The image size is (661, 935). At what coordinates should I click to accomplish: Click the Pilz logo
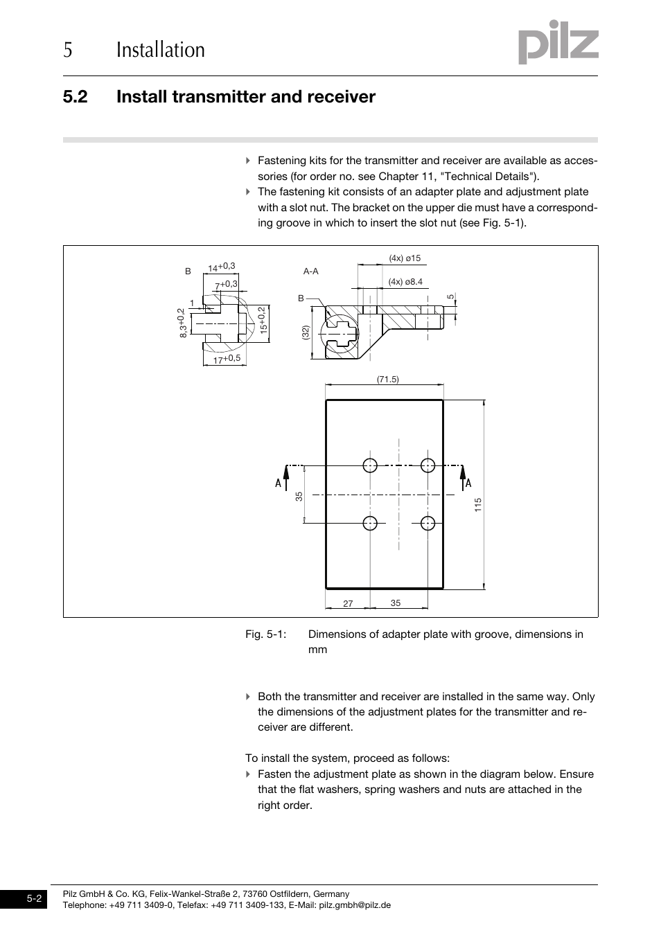(558, 43)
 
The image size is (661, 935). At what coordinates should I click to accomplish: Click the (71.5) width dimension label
(388, 380)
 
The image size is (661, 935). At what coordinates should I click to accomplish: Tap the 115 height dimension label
(478, 505)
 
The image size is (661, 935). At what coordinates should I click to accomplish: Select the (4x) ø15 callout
(405, 258)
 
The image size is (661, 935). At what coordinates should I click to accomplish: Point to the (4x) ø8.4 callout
(405, 282)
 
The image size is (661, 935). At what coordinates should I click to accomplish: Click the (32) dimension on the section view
(304, 332)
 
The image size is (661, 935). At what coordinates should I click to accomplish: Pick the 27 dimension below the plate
(348, 604)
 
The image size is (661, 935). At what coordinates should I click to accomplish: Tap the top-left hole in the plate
(371, 465)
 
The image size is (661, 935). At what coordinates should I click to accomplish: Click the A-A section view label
(310, 271)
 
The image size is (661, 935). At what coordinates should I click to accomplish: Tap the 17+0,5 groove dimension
(227, 359)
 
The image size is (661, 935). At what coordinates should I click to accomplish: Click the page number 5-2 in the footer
(35, 899)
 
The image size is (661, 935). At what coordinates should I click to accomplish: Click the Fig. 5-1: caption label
(265, 634)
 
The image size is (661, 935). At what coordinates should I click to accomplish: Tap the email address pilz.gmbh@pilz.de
(355, 905)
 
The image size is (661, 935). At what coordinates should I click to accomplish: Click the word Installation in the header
(161, 50)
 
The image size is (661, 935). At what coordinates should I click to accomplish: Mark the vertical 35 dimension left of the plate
(299, 496)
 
